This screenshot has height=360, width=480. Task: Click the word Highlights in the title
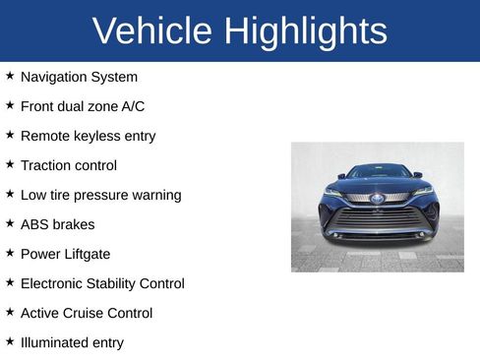click(305, 31)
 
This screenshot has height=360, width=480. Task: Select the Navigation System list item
click(79, 77)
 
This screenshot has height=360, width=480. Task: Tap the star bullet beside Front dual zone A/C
click(10, 105)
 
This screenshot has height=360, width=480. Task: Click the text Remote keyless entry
click(88, 136)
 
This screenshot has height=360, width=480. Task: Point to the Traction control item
click(68, 165)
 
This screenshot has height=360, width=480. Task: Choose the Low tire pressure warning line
click(100, 195)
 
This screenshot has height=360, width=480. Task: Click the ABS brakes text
click(57, 224)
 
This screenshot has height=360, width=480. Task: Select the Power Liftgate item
click(66, 254)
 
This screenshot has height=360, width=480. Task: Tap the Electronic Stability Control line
click(102, 283)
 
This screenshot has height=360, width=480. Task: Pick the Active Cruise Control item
click(87, 313)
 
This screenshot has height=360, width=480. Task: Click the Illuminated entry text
click(72, 342)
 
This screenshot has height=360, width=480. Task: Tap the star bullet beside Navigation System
click(10, 76)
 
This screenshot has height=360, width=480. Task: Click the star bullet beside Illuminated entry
click(10, 341)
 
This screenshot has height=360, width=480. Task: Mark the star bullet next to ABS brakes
click(10, 223)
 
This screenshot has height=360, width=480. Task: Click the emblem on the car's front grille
click(377, 198)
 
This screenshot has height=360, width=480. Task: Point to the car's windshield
click(379, 172)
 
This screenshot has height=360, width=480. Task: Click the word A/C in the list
click(130, 106)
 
